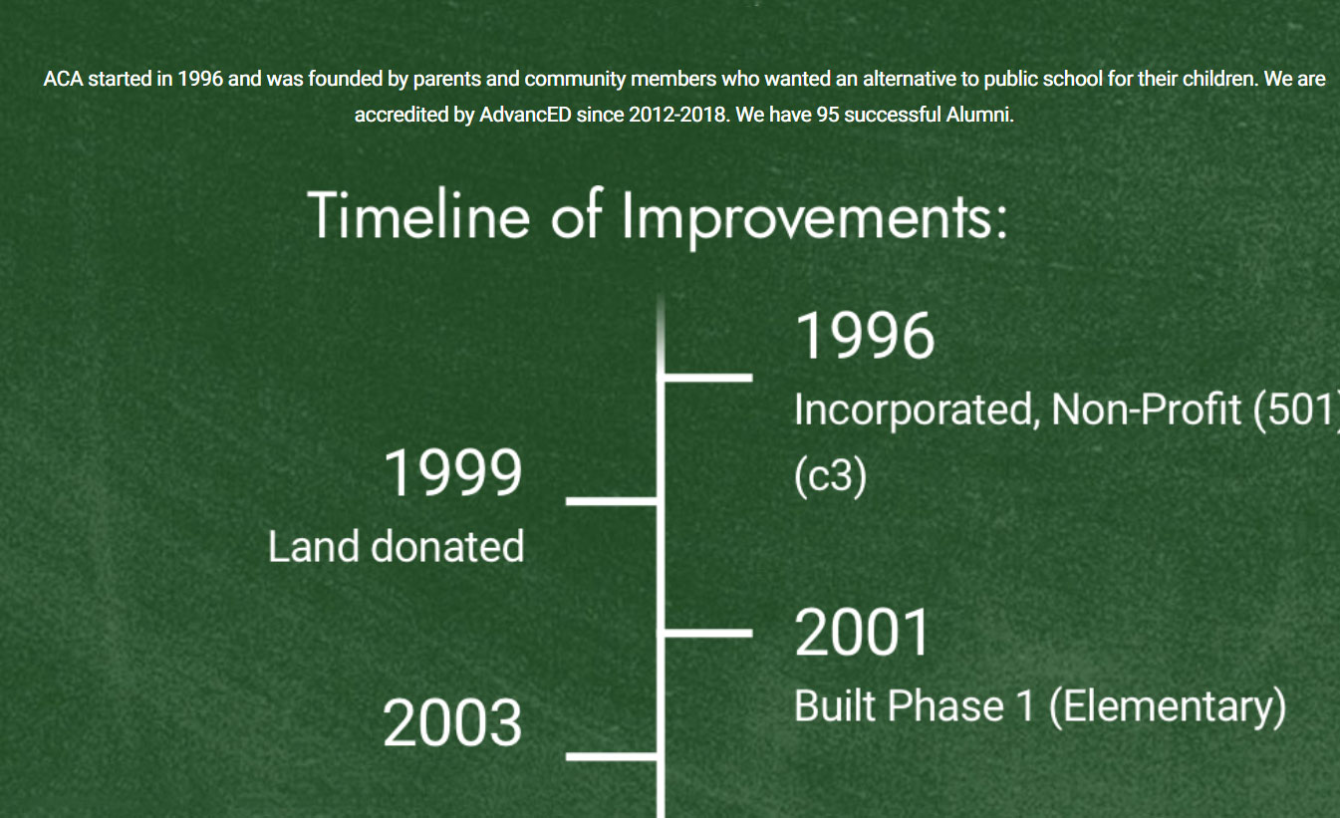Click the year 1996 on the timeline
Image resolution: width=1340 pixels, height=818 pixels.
865,336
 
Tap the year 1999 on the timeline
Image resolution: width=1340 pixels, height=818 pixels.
453,472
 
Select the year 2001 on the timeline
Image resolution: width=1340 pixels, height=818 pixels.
862,633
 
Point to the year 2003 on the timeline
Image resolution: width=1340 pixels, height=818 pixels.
452,723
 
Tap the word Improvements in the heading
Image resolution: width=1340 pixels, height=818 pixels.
815,218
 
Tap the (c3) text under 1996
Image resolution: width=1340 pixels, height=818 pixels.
830,476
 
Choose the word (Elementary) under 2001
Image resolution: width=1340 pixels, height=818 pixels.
1168,707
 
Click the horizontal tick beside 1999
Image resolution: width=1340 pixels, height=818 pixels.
612,501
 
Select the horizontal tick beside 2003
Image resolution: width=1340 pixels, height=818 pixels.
612,757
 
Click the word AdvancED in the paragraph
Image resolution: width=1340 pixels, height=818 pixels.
525,115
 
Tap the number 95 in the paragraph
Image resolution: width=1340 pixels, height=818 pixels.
828,115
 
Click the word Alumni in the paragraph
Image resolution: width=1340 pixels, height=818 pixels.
980,115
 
